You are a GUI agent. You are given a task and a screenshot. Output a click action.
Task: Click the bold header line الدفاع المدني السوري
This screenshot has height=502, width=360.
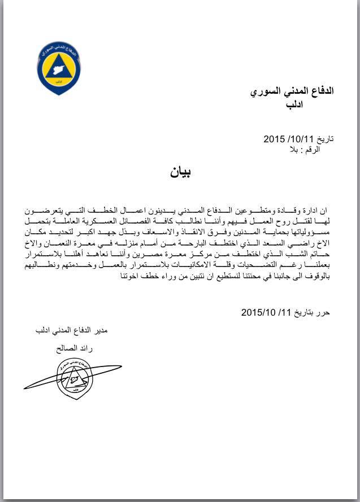(292, 91)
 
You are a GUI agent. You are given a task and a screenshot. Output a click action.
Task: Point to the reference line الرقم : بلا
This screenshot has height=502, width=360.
(305, 150)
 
